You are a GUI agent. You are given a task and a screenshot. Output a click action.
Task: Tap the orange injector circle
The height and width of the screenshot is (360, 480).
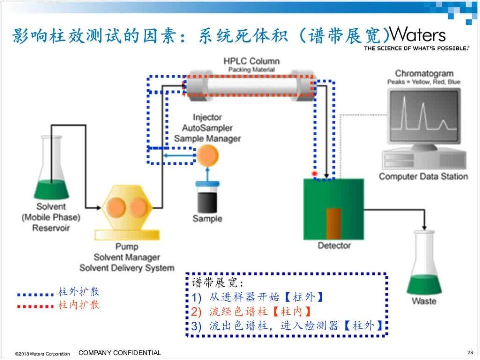pos(207,156)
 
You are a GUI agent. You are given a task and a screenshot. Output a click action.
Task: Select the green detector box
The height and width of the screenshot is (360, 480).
pos(333,209)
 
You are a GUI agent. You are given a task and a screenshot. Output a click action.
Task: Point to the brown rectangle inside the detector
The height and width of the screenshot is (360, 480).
pos(334,223)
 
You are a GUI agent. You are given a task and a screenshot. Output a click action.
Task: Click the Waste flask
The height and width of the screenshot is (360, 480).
pos(424,265)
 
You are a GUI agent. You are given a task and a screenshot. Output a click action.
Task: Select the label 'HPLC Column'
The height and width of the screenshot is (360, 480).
pos(251,61)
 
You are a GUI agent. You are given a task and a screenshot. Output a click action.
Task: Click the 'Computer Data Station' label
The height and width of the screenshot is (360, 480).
pos(423,176)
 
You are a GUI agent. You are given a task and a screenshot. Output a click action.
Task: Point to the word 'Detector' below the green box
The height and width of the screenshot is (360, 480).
pos(334,245)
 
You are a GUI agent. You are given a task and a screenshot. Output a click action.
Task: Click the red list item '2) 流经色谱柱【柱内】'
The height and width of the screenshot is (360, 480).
pos(254,312)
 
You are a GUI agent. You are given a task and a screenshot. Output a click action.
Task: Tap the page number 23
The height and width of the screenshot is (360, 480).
pos(470,353)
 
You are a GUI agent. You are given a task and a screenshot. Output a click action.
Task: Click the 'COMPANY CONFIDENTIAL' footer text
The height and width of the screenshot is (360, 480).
pos(120,353)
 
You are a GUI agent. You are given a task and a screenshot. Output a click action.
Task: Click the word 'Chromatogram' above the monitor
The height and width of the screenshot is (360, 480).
pos(424,74)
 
